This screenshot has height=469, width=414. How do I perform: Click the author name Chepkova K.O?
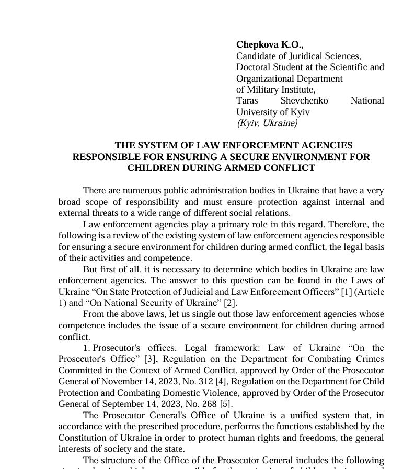tap(269, 45)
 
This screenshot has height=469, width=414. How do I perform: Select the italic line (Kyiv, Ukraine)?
tap(267, 123)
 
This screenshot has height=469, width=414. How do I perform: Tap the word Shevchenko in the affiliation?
tap(304, 101)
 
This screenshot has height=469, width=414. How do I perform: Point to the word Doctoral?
tap(254, 67)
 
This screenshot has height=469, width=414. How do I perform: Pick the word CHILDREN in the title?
tap(154, 168)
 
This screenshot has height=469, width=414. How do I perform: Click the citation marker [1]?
tap(347, 292)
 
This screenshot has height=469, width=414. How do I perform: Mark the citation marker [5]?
tap(226, 404)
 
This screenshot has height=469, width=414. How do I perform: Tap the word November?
tap(122, 382)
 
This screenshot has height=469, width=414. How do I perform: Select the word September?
tap(122, 404)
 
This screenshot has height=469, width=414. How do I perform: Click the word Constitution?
tap(84, 438)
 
